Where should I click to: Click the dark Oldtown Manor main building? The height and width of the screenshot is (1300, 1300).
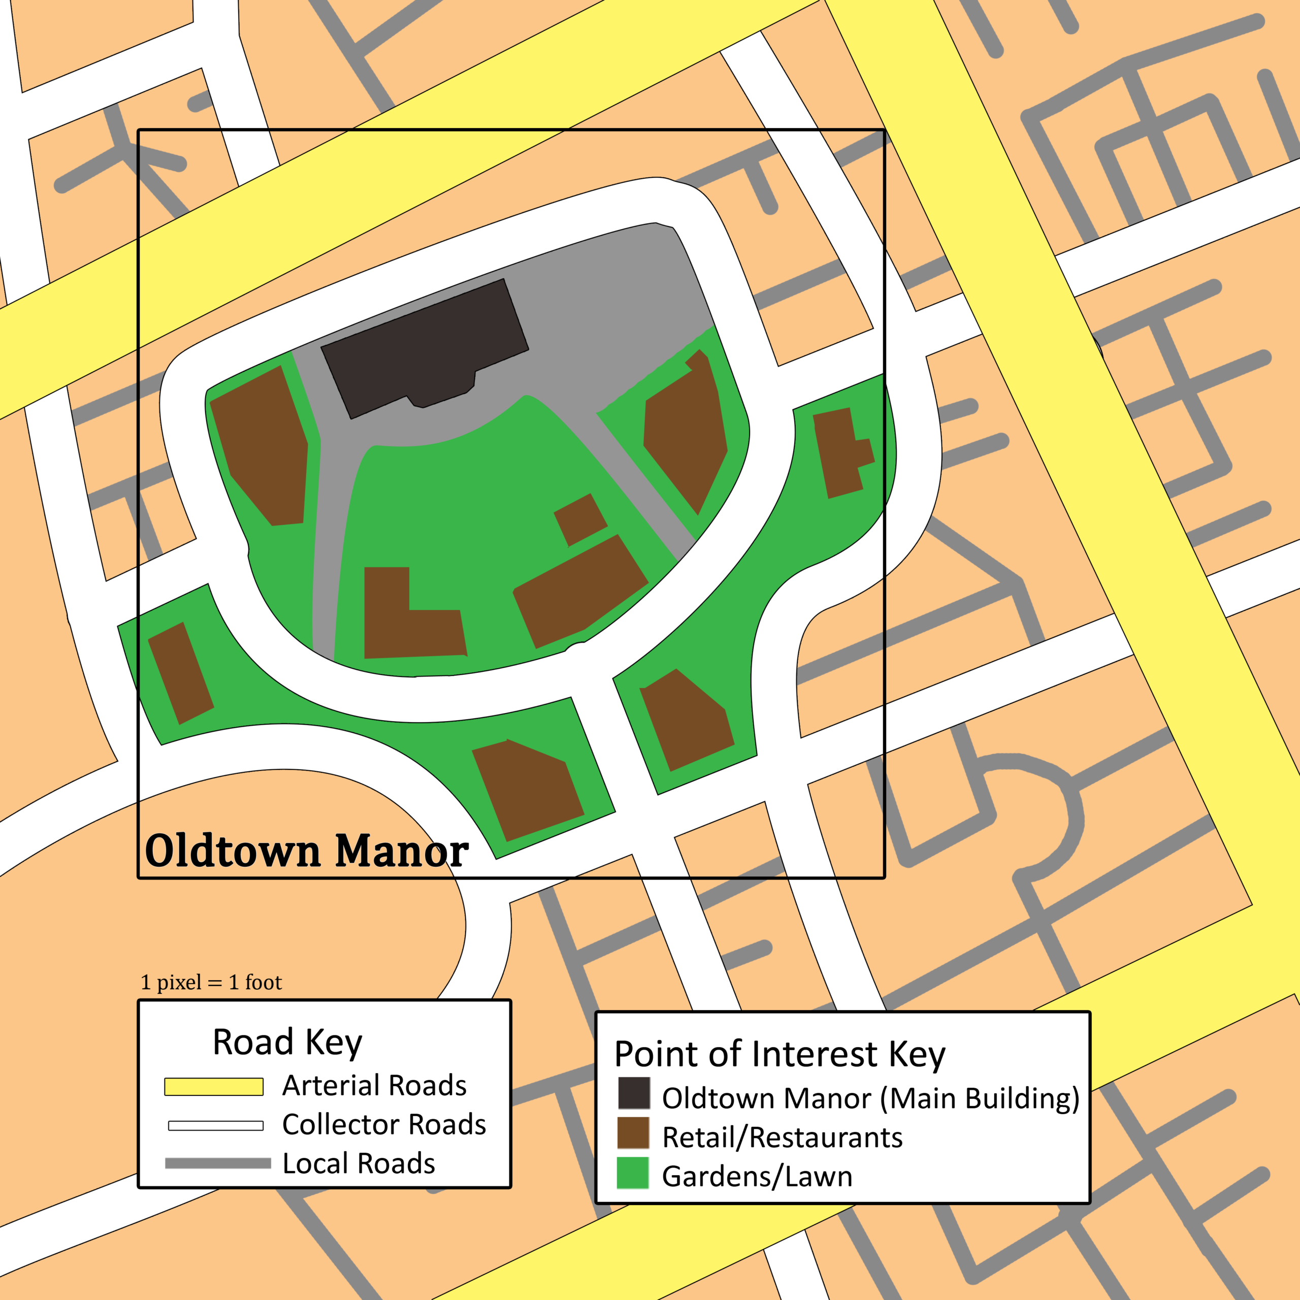[424, 346]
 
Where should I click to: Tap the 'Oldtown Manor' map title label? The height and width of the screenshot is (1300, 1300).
[306, 851]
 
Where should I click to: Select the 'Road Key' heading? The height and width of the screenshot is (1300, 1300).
[287, 1043]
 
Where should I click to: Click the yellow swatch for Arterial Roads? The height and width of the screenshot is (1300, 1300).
[214, 1087]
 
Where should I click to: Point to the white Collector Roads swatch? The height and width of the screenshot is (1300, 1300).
[215, 1126]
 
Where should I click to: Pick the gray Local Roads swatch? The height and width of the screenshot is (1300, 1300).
[217, 1163]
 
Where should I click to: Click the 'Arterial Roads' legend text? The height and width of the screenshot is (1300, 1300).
[374, 1085]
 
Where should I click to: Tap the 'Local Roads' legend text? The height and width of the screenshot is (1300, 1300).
[359, 1163]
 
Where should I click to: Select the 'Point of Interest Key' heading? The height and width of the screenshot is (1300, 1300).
[779, 1054]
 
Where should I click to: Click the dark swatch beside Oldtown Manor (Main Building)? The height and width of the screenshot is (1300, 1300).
[634, 1093]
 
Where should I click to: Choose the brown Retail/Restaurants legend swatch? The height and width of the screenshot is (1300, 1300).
[633, 1133]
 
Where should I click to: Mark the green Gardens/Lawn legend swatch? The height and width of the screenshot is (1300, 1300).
[633, 1173]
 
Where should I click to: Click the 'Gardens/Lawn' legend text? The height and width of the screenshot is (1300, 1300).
[757, 1176]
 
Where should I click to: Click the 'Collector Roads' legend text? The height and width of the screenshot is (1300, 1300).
[383, 1124]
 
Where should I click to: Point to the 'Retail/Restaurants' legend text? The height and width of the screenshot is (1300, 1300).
[782, 1137]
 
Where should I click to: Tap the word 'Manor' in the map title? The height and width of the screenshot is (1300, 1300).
[402, 851]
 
